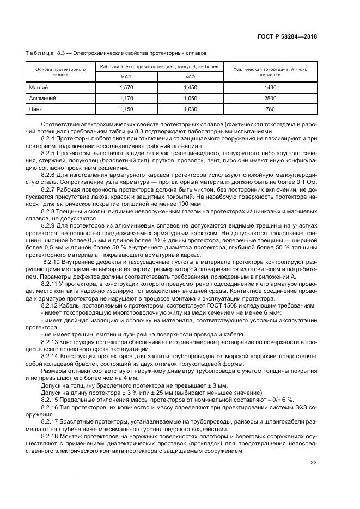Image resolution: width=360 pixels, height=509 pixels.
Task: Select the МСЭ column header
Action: pos(126,77)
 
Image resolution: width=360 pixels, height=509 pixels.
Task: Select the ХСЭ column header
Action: pos(190,77)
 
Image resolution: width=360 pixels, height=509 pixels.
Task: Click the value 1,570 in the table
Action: pos(126,88)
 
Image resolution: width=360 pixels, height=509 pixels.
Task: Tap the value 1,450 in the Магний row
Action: pos(190,88)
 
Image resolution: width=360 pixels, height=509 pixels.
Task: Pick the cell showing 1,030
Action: pos(190,109)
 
